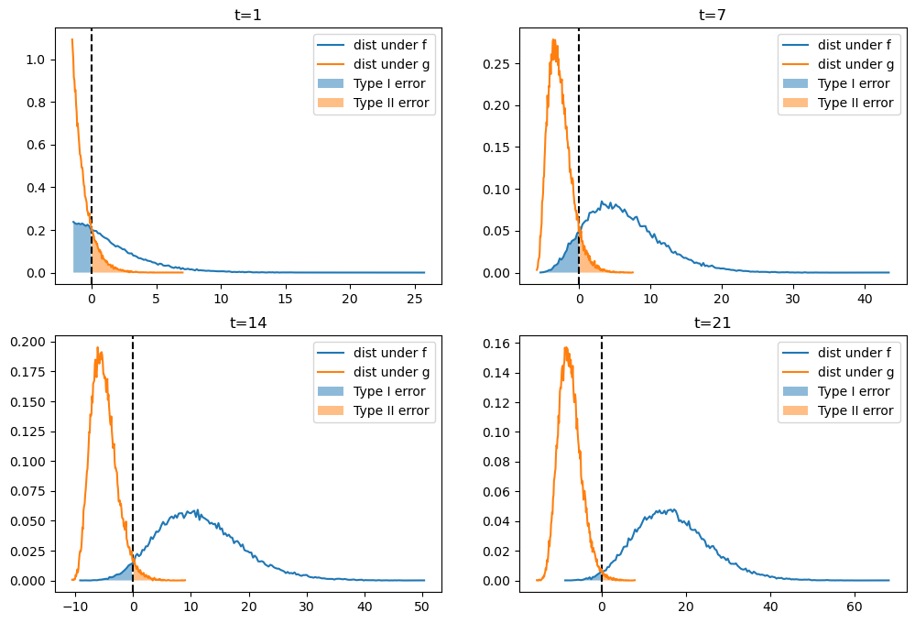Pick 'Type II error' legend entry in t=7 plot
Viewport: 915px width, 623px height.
coord(855,103)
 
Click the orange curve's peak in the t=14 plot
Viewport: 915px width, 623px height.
coord(98,347)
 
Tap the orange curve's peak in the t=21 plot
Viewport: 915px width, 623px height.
coord(566,347)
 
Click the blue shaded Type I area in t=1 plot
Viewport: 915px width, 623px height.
coord(82,249)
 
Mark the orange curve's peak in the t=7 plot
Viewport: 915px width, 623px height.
coord(554,39)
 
